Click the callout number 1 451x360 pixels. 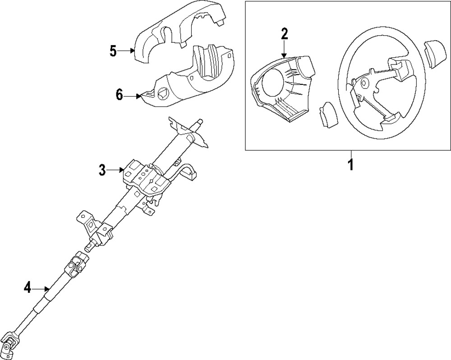coord(350,165)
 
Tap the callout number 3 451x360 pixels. coord(102,170)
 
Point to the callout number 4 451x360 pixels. coord(28,287)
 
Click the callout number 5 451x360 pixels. coord(113,51)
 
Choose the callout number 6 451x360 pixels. coord(119,95)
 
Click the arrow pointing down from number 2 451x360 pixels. coord(284,49)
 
